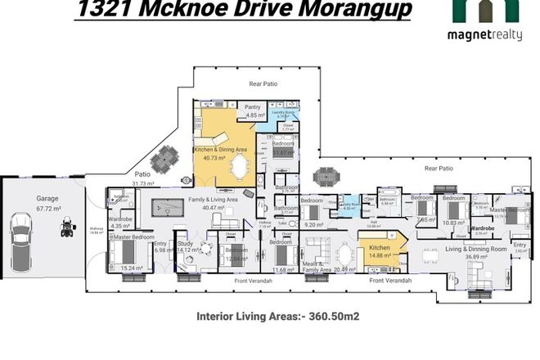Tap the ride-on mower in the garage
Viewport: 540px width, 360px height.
tap(65, 229)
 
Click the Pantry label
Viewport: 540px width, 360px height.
tap(253, 106)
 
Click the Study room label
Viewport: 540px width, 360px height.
tap(185, 243)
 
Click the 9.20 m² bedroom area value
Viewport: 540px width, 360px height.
tap(313, 223)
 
